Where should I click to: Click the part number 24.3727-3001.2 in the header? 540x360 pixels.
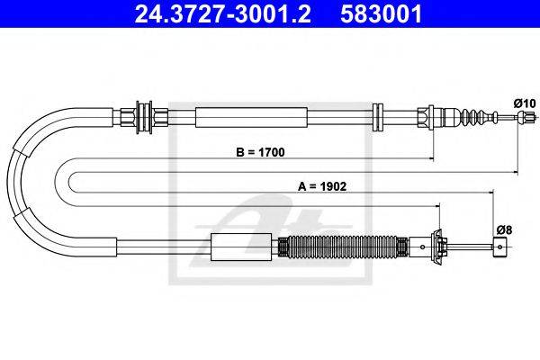click(223, 13)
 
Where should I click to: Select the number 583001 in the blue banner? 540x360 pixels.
click(381, 13)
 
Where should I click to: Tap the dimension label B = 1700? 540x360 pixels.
click(260, 152)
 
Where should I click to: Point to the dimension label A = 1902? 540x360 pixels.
click(322, 186)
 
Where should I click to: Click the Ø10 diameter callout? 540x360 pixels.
click(525, 103)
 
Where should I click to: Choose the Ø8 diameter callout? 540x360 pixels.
click(504, 229)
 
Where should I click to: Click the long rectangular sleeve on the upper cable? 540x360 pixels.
click(251, 117)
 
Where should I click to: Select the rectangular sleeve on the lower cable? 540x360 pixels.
click(241, 247)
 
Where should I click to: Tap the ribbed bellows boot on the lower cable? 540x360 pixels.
click(343, 247)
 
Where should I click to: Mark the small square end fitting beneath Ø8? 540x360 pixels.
click(500, 247)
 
